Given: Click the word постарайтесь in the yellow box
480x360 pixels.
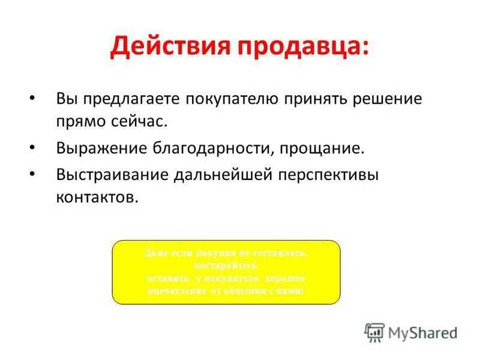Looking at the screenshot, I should [x=226, y=265].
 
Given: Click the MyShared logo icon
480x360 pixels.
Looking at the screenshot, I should [x=374, y=332].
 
